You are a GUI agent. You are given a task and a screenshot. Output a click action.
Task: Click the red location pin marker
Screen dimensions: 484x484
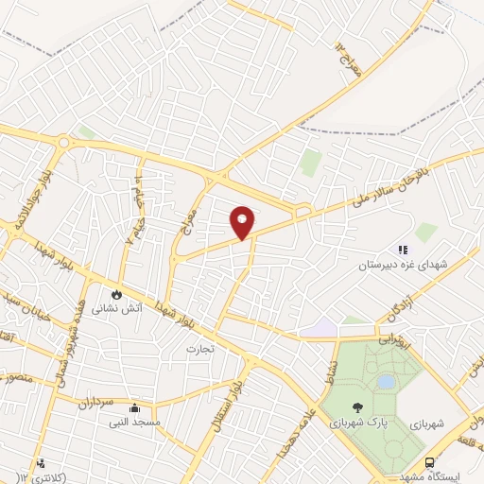243,222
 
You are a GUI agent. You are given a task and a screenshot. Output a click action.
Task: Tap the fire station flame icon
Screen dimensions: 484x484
118,294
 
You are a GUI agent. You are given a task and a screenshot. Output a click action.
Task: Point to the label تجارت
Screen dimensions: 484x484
201,347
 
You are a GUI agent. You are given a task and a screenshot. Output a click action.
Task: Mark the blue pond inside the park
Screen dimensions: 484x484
385,382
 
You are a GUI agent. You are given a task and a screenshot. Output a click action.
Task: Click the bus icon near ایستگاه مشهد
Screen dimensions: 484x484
430,463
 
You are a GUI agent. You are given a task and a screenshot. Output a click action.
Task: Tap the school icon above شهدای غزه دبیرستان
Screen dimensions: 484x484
402,251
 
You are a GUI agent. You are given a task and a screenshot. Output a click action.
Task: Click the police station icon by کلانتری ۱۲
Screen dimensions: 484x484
41,464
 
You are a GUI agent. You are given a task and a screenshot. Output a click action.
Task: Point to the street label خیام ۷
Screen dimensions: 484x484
133,227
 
